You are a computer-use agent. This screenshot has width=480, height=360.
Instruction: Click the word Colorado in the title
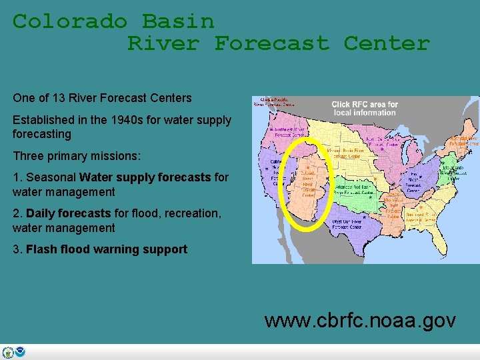click(70, 21)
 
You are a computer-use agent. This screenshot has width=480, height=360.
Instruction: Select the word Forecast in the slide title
click(271, 43)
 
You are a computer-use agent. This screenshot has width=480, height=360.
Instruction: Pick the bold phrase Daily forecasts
click(68, 213)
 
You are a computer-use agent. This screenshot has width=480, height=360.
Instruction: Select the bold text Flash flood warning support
click(107, 249)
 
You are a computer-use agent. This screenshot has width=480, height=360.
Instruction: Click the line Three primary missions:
click(77, 155)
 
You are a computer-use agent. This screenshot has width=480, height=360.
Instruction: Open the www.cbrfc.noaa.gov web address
click(360, 321)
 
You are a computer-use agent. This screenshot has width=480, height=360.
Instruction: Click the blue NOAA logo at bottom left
click(20, 353)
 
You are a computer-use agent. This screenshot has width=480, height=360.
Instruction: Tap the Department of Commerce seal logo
click(8, 353)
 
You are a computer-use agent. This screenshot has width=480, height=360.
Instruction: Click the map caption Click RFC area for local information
click(365, 108)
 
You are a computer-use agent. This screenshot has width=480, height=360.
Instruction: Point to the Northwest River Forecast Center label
click(287, 132)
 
